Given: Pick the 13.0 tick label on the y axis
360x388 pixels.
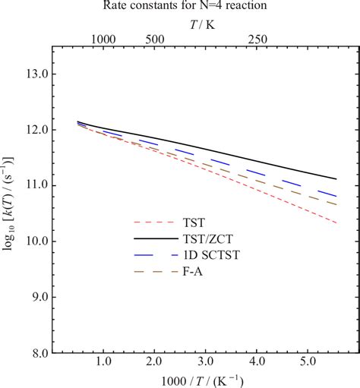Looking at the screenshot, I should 36,74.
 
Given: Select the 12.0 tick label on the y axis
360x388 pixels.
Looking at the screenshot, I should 36,130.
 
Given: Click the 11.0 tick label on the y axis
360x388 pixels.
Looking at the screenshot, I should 36,185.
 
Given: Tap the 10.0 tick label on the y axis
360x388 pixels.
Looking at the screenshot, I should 36,241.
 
